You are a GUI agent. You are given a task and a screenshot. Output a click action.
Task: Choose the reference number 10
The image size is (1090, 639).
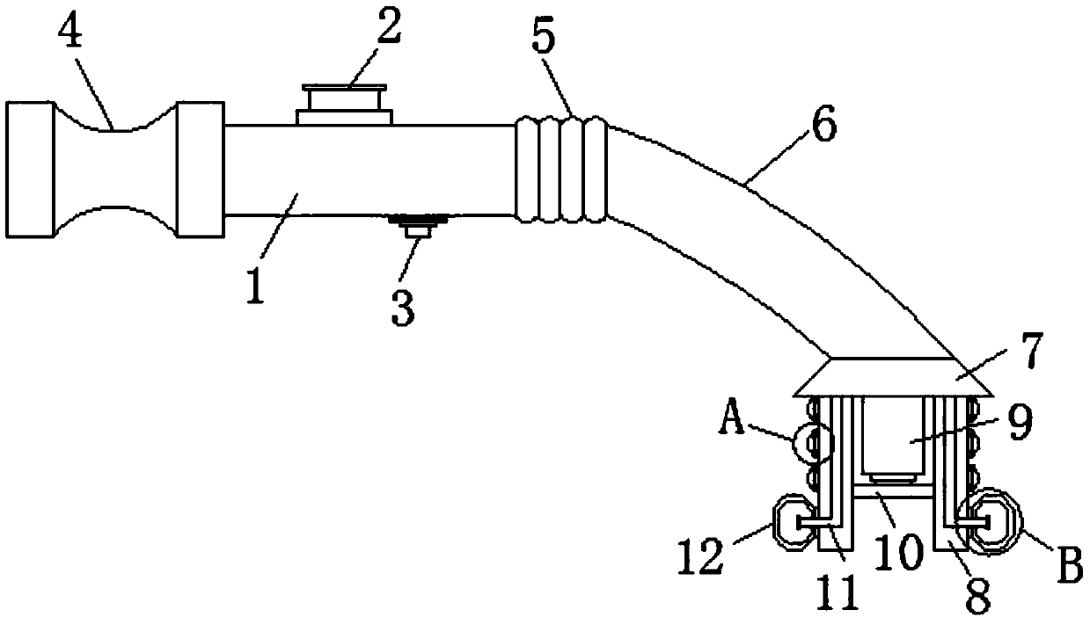coord(898,551)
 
